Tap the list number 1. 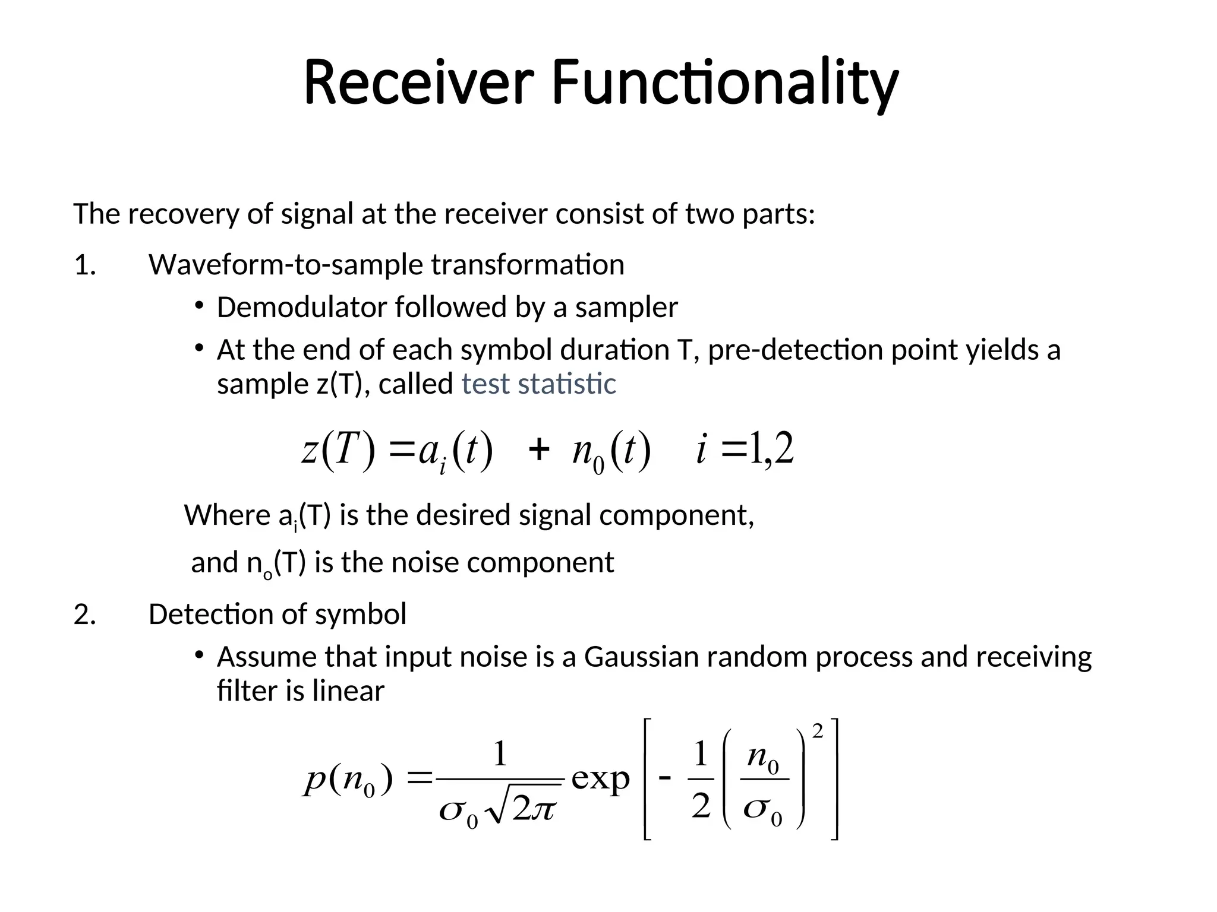point(85,265)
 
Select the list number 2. point(85,614)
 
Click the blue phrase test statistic point(538,384)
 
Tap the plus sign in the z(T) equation point(538,449)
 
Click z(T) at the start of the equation point(339,449)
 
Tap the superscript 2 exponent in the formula point(818,733)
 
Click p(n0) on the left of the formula point(348,779)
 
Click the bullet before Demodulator point(198,306)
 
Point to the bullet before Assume point(198,655)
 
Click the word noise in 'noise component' point(424,562)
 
